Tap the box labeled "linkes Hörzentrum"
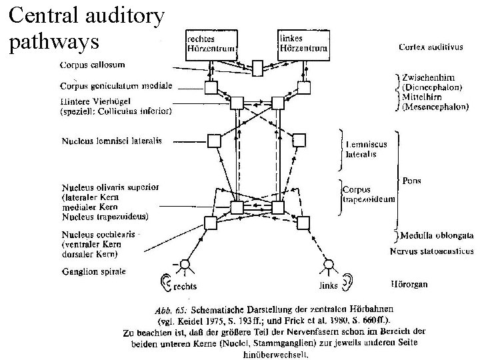tap(303, 45)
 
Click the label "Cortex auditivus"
tap(431, 47)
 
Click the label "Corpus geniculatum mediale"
tap(116, 86)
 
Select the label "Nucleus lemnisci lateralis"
tap(111, 141)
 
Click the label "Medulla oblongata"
tap(437, 235)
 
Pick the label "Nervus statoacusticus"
tap(431, 251)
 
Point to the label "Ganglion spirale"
tap(93, 271)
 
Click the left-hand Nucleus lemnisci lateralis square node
tap(213, 141)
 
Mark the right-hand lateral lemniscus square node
tap(299, 140)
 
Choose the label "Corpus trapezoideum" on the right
tap(369, 193)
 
